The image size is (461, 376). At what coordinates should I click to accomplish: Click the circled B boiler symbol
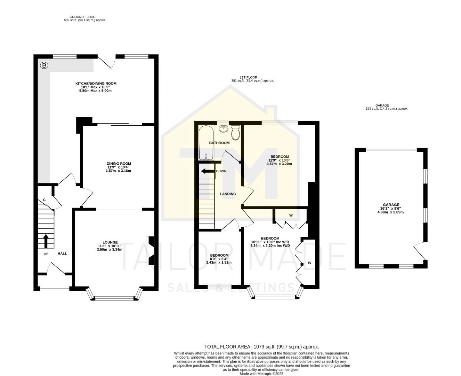(x=44, y=65)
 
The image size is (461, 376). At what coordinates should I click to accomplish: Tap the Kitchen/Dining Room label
(x=96, y=87)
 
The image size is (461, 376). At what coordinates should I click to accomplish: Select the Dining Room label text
(x=119, y=167)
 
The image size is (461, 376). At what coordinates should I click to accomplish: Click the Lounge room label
(x=110, y=246)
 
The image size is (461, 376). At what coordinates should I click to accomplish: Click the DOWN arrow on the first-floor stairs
(x=208, y=171)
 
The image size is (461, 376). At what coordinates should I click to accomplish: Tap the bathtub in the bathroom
(x=205, y=143)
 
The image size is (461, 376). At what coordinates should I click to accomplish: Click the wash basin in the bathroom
(x=223, y=129)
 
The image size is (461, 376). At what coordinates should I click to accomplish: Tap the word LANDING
(x=228, y=194)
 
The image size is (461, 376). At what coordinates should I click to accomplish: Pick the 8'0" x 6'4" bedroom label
(x=219, y=259)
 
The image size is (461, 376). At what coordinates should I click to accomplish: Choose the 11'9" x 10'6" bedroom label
(x=279, y=160)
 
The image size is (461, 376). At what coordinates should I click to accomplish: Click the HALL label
(x=62, y=253)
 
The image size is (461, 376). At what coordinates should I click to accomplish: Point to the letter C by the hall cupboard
(x=44, y=200)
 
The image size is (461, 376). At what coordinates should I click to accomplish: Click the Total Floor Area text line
(x=261, y=347)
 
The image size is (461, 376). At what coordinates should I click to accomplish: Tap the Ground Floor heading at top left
(x=82, y=18)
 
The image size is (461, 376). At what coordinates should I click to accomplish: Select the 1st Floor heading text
(x=252, y=79)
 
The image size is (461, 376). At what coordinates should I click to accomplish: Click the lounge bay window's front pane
(x=115, y=298)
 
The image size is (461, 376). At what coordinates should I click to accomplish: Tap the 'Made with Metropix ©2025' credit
(x=261, y=374)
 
